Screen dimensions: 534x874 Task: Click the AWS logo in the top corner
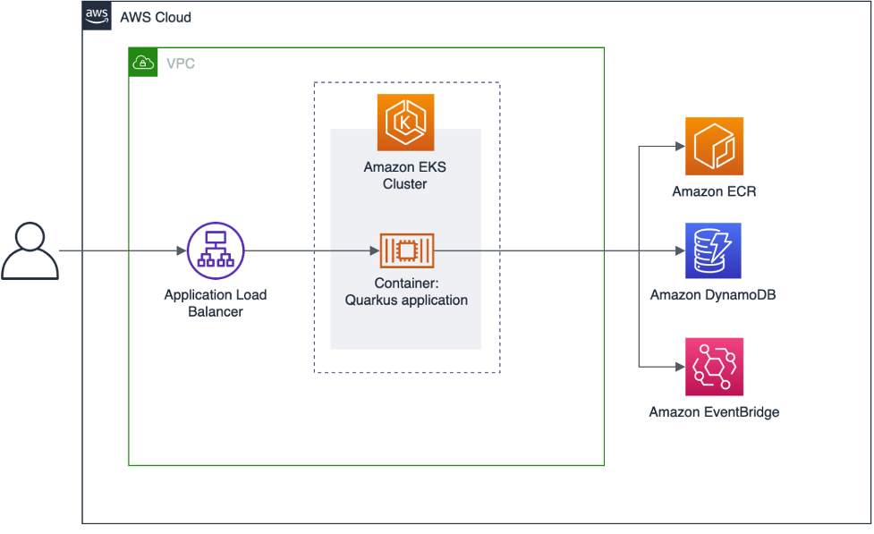pyautogui.click(x=97, y=16)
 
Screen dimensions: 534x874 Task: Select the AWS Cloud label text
pyautogui.click(x=156, y=18)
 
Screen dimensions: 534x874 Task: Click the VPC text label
pyautogui.click(x=180, y=64)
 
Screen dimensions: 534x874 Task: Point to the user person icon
pyautogui.click(x=30, y=252)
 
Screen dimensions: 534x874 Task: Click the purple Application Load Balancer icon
pyautogui.click(x=216, y=250)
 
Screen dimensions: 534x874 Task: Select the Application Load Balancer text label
pyautogui.click(x=216, y=303)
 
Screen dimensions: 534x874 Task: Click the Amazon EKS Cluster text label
pyautogui.click(x=406, y=175)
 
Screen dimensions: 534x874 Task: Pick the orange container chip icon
pyautogui.click(x=406, y=251)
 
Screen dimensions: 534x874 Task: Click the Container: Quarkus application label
pyautogui.click(x=406, y=292)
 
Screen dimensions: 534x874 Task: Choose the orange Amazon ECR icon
pyautogui.click(x=714, y=146)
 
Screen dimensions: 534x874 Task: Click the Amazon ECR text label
pyautogui.click(x=714, y=191)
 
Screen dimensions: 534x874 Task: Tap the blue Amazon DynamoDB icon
pyautogui.click(x=714, y=251)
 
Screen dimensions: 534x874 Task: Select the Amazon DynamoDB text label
pyautogui.click(x=713, y=295)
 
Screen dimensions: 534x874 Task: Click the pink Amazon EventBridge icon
pyautogui.click(x=714, y=367)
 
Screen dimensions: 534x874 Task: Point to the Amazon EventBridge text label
pyautogui.click(x=714, y=412)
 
